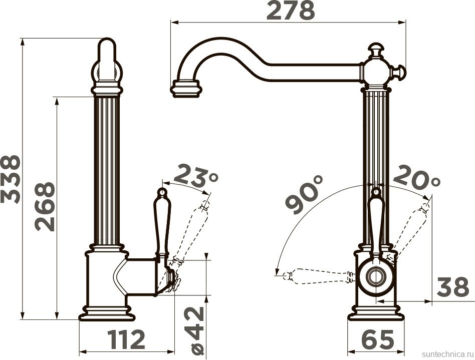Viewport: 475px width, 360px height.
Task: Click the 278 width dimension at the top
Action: click(x=291, y=11)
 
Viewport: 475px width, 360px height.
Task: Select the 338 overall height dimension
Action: click(x=11, y=179)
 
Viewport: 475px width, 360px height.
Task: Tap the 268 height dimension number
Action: click(x=45, y=206)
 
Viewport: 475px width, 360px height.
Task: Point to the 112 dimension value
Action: click(x=127, y=339)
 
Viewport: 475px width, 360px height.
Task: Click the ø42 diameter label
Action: click(x=198, y=330)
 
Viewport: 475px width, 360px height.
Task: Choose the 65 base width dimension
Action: click(x=378, y=339)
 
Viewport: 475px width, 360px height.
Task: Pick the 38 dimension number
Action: click(x=453, y=287)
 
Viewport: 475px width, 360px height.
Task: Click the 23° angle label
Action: click(x=196, y=175)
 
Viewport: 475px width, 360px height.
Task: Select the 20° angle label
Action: click(x=416, y=177)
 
